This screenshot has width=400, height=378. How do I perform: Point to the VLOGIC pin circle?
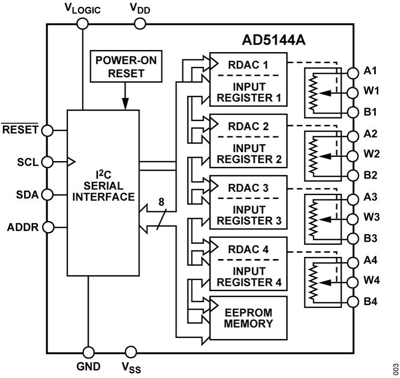click(x=83, y=24)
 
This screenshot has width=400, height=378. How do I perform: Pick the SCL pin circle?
click(x=46, y=161)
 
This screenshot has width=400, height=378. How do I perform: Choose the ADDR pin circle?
click(x=46, y=227)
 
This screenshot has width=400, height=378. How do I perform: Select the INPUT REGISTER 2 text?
click(x=249, y=153)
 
